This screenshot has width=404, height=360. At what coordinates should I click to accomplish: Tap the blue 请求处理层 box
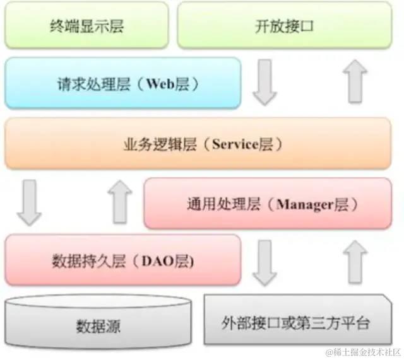pos(122,84)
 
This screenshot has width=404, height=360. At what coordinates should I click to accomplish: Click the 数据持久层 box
pos(122,260)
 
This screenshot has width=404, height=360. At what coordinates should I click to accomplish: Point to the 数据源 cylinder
pos(98,325)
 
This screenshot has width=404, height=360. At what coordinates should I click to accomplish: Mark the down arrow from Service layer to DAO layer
pos(29,202)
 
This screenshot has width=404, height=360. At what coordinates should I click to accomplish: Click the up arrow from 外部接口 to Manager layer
pos(357,262)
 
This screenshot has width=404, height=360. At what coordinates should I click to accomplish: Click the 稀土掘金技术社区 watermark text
pos(368,351)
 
